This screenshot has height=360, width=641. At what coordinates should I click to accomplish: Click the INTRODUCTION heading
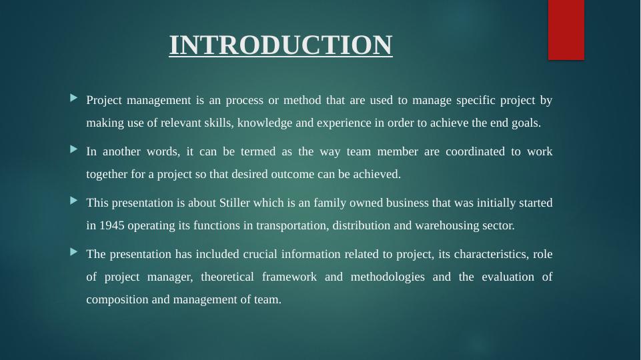[281, 45]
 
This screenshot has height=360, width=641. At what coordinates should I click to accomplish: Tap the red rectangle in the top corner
[566, 29]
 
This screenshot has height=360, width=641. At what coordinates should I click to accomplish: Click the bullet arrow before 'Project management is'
[73, 99]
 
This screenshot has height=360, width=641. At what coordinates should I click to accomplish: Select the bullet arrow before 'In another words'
[73, 151]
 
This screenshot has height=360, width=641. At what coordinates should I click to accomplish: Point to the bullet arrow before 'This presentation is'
[73, 201]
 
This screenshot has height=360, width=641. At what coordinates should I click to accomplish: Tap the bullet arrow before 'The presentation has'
[73, 253]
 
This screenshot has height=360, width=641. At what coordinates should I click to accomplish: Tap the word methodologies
[387, 277]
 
